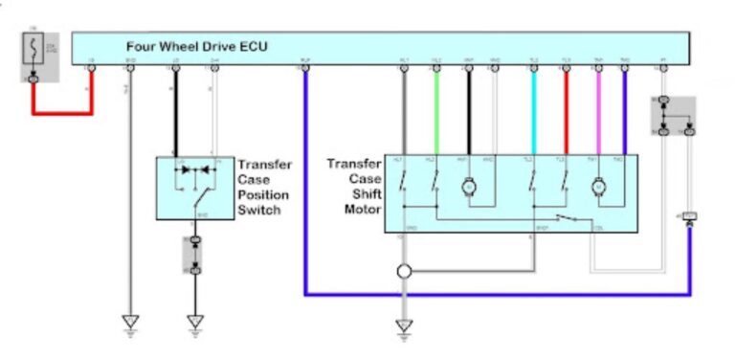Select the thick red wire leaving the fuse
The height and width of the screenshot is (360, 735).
(x=62, y=113)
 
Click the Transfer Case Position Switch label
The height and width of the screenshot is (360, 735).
(x=264, y=187)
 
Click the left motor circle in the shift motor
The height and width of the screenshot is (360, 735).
(x=469, y=187)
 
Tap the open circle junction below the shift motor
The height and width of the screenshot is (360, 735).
(x=404, y=272)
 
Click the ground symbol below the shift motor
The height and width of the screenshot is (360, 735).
(x=404, y=326)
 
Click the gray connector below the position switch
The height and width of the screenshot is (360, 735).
(x=196, y=254)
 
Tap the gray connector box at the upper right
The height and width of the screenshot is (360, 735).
(x=674, y=116)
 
